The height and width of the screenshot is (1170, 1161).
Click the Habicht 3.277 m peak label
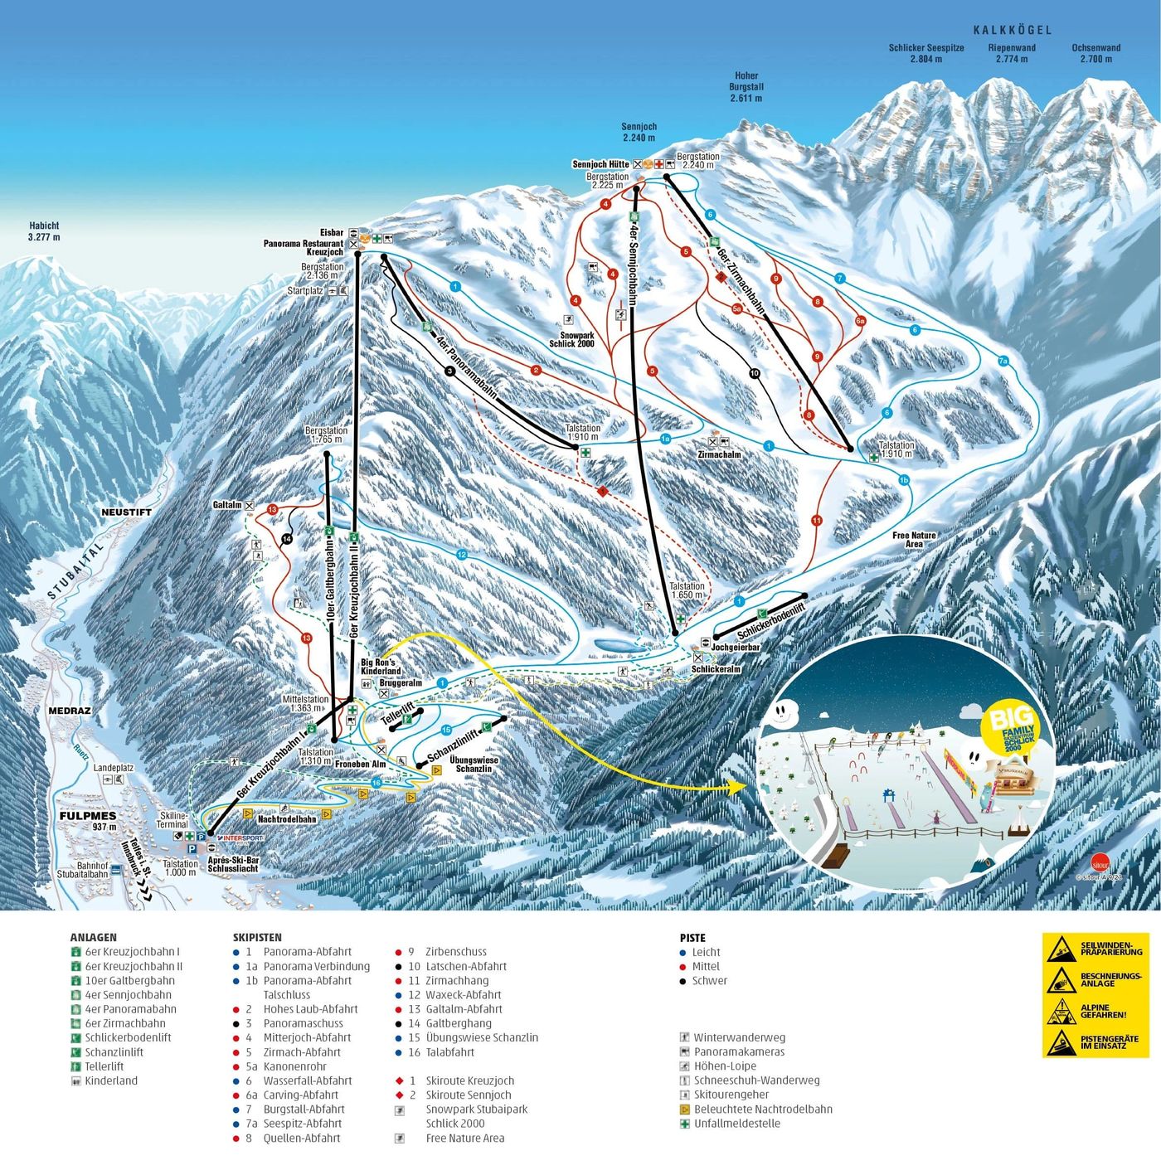click(44, 231)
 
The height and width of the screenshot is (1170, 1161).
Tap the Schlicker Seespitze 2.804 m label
click(926, 54)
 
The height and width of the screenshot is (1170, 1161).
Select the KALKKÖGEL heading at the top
click(1012, 31)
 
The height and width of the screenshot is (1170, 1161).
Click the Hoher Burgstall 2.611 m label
click(746, 87)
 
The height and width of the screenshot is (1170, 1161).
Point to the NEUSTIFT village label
click(126, 512)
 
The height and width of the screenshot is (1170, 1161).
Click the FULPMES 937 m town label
click(87, 821)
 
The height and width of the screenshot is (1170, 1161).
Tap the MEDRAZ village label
click(70, 711)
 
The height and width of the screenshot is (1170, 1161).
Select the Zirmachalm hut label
click(719, 454)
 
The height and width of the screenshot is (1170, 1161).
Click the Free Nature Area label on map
click(914, 540)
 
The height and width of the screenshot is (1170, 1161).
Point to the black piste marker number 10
click(754, 373)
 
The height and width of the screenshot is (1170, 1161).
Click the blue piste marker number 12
click(462, 555)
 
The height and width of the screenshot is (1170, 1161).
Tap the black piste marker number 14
click(287, 539)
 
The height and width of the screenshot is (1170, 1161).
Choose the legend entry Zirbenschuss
click(455, 952)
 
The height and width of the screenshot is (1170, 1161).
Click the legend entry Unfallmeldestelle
click(736, 1124)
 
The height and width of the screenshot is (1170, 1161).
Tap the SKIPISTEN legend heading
click(257, 937)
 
